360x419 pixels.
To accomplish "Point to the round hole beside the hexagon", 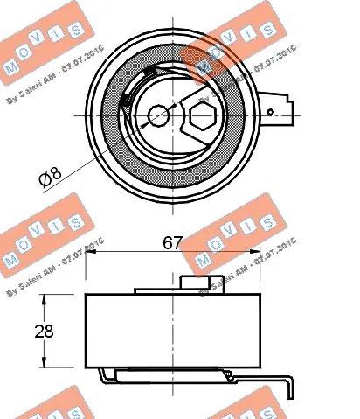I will (159, 115).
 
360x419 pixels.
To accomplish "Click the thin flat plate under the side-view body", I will (175, 375).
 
